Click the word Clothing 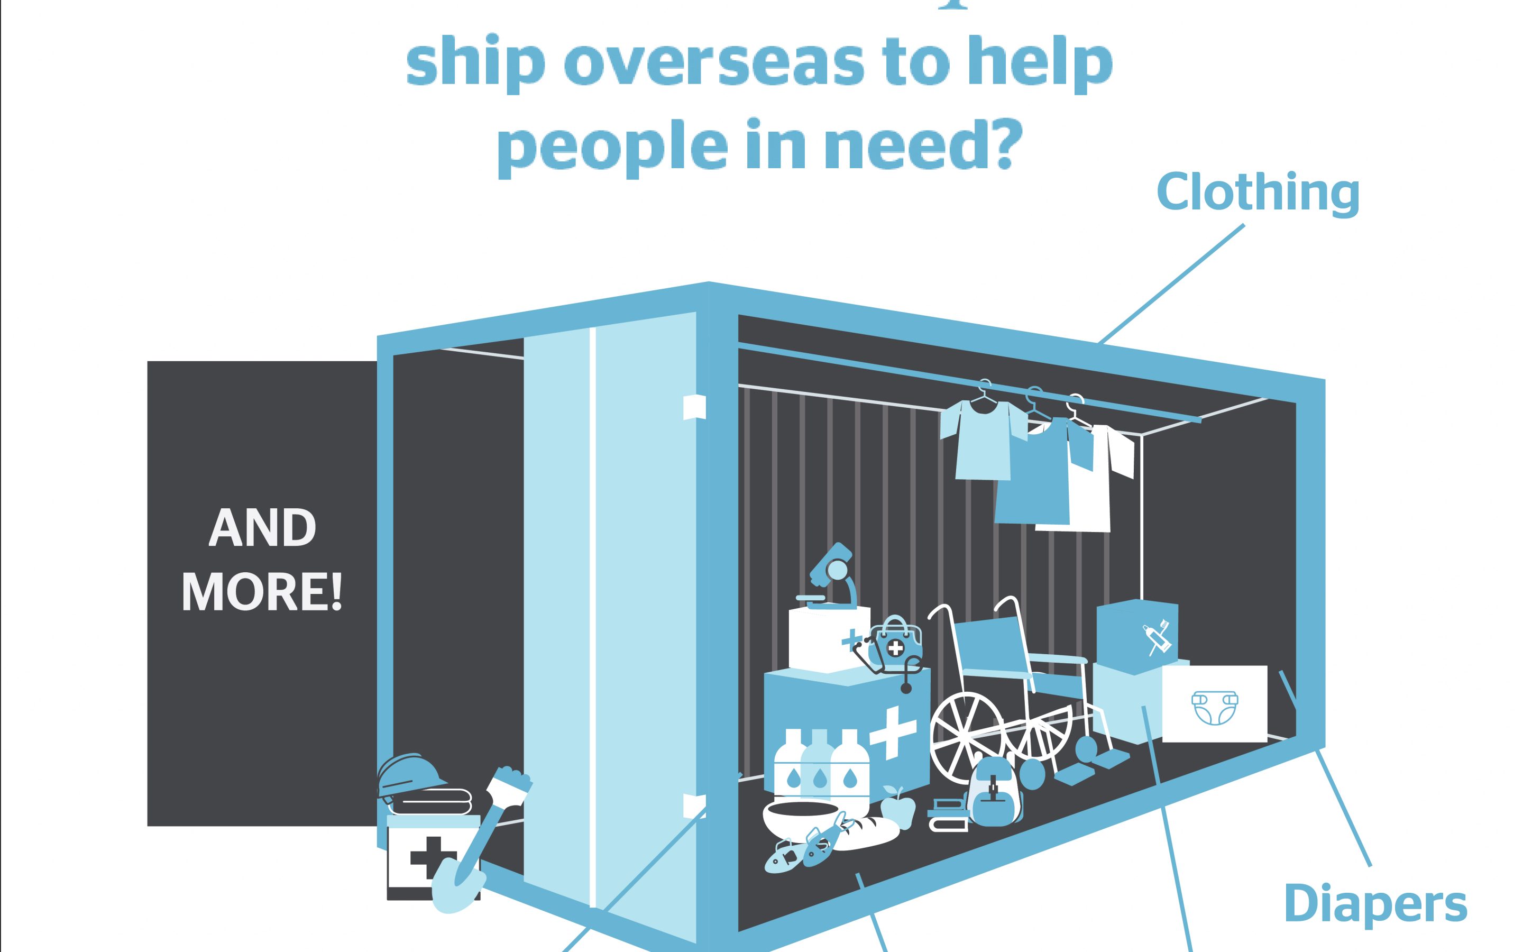(1258, 193)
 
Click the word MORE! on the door (262, 592)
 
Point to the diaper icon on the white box (1214, 707)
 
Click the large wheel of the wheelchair (968, 738)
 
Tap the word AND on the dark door (262, 528)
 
